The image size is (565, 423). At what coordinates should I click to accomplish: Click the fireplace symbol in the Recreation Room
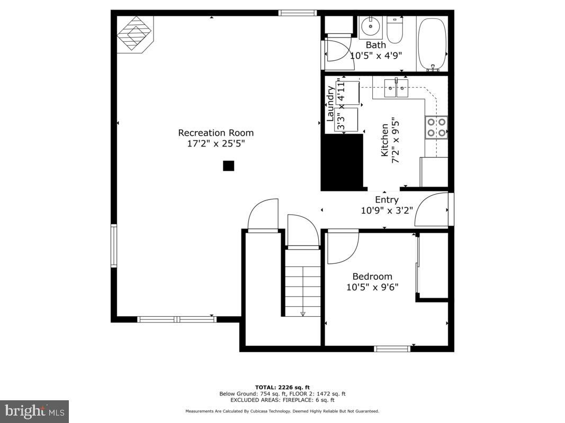[x=134, y=33]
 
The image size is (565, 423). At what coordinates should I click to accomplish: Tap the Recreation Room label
[x=216, y=133]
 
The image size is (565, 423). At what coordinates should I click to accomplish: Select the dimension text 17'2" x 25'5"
[x=216, y=144]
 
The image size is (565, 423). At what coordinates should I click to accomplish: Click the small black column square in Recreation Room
[x=228, y=166]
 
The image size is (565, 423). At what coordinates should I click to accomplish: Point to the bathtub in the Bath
[x=433, y=43]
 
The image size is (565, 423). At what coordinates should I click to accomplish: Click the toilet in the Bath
[x=395, y=31]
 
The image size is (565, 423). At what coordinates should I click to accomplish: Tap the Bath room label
[x=375, y=45]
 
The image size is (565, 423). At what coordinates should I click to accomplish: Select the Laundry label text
[x=330, y=104]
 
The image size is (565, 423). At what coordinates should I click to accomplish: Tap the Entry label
[x=387, y=199]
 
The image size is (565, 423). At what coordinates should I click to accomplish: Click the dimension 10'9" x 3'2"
[x=387, y=210]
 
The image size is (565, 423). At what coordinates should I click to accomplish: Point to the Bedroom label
[x=372, y=276]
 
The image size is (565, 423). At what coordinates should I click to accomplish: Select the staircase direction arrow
[x=303, y=313]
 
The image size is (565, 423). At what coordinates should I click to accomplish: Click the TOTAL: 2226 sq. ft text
[x=282, y=387]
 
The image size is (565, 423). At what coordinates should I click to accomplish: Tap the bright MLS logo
[x=34, y=411]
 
